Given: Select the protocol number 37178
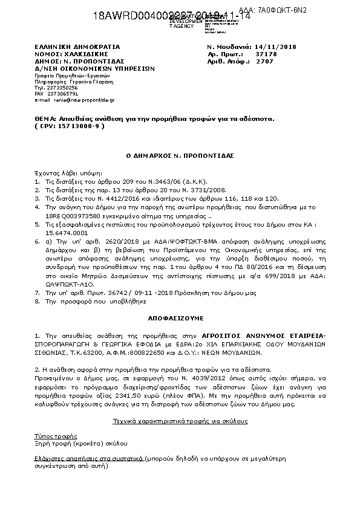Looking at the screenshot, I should click(x=266, y=54).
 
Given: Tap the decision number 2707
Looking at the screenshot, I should click(x=265, y=61).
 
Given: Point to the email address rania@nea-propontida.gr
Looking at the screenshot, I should click(x=74, y=100).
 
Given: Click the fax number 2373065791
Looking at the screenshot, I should click(x=63, y=94).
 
